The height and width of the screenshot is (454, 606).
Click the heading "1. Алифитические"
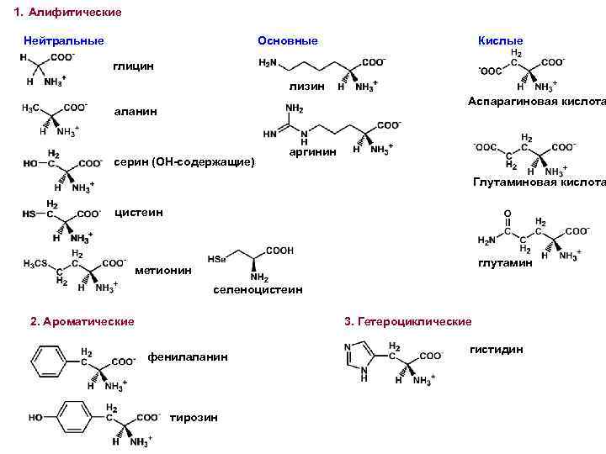pyautogui.click(x=68, y=13)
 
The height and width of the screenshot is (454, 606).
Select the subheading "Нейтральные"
pyautogui.click(x=64, y=40)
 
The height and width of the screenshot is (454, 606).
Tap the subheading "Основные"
pyautogui.click(x=288, y=40)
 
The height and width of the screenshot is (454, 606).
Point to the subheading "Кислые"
pyautogui.click(x=500, y=40)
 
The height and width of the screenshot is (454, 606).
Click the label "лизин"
pyautogui.click(x=306, y=87)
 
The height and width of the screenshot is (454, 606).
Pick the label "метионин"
pyautogui.click(x=163, y=271)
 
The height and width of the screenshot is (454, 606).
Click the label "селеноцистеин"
pyautogui.click(x=258, y=290)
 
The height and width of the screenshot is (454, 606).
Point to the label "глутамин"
pyautogui.click(x=505, y=263)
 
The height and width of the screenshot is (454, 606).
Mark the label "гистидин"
pyautogui.click(x=497, y=349)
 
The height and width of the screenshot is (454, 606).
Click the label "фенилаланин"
pyautogui.click(x=188, y=356)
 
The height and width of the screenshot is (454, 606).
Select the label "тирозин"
pyautogui.click(x=194, y=418)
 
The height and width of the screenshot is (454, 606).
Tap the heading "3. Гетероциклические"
pyautogui.click(x=408, y=322)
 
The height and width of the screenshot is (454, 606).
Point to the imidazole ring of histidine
pyautogui.click(x=361, y=358)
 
